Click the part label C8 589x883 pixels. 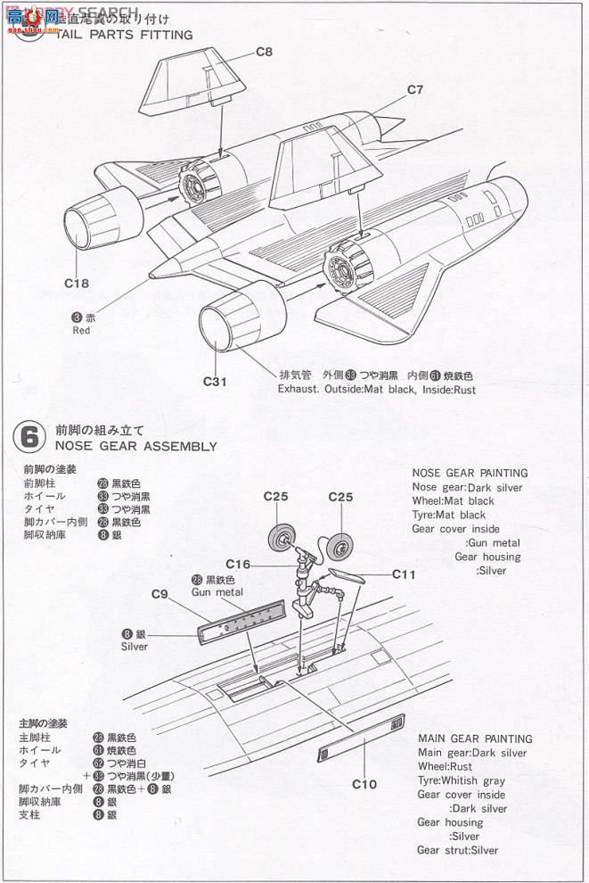264,52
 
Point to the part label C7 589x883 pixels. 415,89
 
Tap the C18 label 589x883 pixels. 78,283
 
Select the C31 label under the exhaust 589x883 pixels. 217,382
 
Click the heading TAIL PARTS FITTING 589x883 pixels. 124,35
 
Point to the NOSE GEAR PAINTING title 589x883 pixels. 470,473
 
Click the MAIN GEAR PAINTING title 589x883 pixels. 475,739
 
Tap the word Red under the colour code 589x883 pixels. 82,330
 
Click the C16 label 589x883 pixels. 238,564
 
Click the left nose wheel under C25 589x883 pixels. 282,538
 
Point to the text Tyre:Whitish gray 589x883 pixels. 461,780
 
